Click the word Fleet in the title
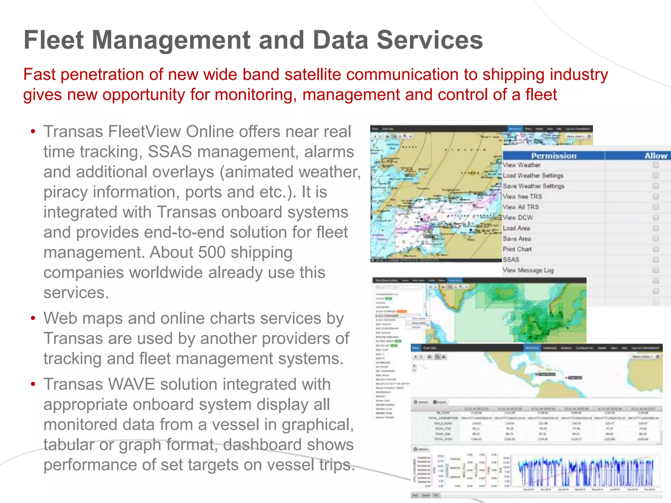point(54,40)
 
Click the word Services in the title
point(430,40)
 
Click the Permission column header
point(553,156)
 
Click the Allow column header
point(656,156)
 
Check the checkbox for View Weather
point(656,165)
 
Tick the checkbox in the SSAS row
point(656,260)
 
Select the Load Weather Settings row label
point(533,176)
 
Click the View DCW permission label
point(518,217)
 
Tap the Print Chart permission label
point(517,249)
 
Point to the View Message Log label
point(528,270)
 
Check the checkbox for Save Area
point(656,239)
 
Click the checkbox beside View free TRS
point(656,196)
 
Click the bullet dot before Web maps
point(33,319)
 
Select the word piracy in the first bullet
point(66,192)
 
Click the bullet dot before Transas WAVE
point(33,384)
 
